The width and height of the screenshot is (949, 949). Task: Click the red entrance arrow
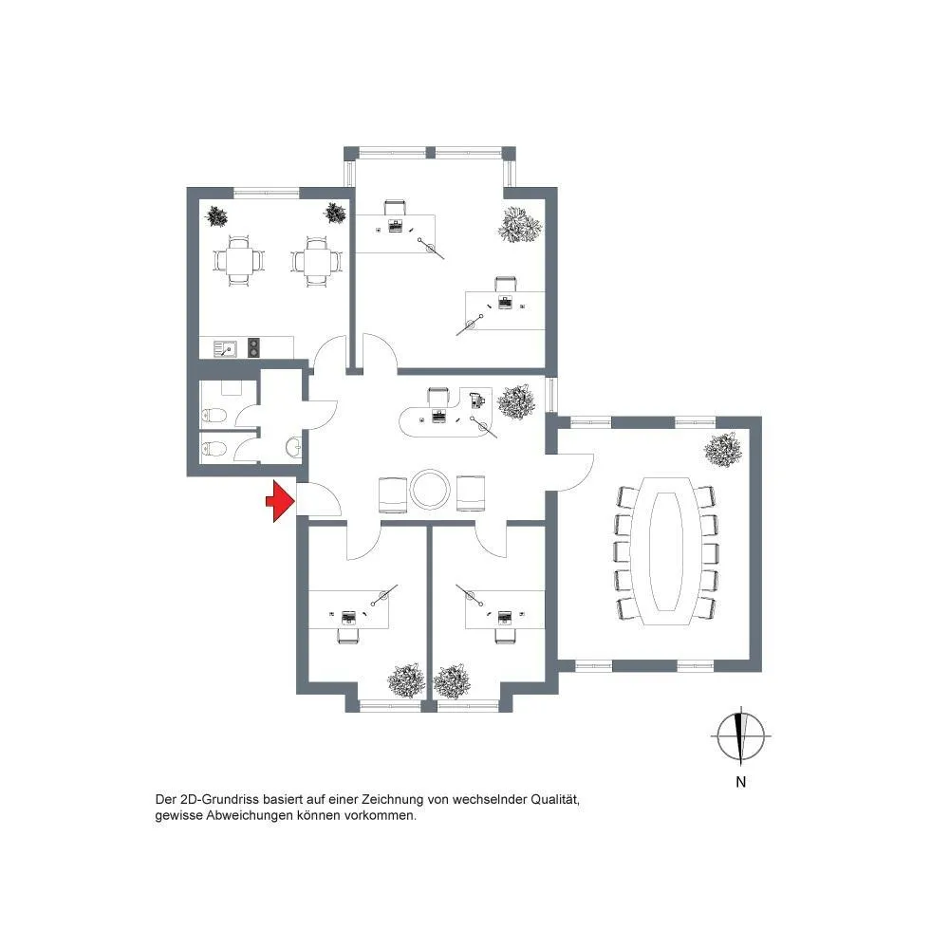click(280, 501)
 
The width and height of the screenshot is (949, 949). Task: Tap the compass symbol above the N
click(740, 736)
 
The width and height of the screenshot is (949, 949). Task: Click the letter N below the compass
click(740, 782)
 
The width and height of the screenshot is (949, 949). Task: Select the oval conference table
click(665, 551)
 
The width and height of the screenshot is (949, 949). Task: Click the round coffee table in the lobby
click(430, 489)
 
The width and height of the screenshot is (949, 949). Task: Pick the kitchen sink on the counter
click(225, 349)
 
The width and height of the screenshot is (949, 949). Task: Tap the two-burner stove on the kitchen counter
click(254, 346)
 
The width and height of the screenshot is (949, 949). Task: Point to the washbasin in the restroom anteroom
click(294, 447)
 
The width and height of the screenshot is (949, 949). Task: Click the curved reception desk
click(448, 415)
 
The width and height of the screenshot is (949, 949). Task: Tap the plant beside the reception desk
click(516, 401)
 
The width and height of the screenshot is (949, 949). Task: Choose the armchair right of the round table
click(471, 494)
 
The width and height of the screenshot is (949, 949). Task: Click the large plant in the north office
click(519, 225)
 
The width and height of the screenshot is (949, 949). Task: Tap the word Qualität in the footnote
click(555, 799)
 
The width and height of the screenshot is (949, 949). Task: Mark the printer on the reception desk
click(477, 400)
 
